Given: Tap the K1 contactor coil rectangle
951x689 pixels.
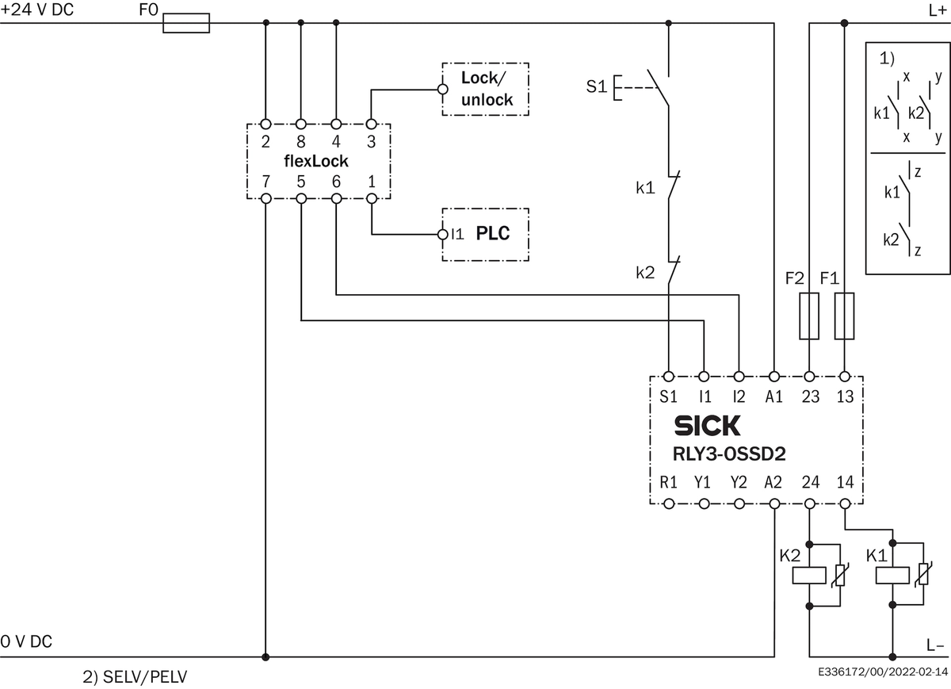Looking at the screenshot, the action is (x=892, y=576).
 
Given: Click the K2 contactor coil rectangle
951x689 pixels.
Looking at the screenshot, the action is (x=809, y=576).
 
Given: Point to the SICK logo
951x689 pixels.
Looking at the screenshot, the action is (x=707, y=426).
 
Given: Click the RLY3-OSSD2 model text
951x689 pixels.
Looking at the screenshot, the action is (x=729, y=454).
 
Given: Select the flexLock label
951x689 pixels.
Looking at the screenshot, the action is (x=316, y=161).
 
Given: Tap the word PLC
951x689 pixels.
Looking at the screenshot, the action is (x=492, y=233).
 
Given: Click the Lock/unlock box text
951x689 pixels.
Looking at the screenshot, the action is (x=487, y=89).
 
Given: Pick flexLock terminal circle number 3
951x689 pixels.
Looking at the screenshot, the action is (x=371, y=124).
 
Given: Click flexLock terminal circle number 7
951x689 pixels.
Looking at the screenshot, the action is (x=265, y=198).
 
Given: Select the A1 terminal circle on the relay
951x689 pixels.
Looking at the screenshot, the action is (x=774, y=377).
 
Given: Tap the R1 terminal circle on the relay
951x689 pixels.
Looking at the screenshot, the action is (x=669, y=503).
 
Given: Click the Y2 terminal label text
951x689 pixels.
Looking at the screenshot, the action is (x=739, y=482).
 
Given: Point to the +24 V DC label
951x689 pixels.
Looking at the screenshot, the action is (x=37, y=10).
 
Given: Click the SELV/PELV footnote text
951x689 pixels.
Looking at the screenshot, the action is (x=135, y=677).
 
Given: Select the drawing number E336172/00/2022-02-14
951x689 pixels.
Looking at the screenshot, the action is (x=883, y=672).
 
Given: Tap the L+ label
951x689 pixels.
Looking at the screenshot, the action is (x=938, y=10).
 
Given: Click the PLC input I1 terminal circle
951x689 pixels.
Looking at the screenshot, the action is (x=442, y=234).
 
